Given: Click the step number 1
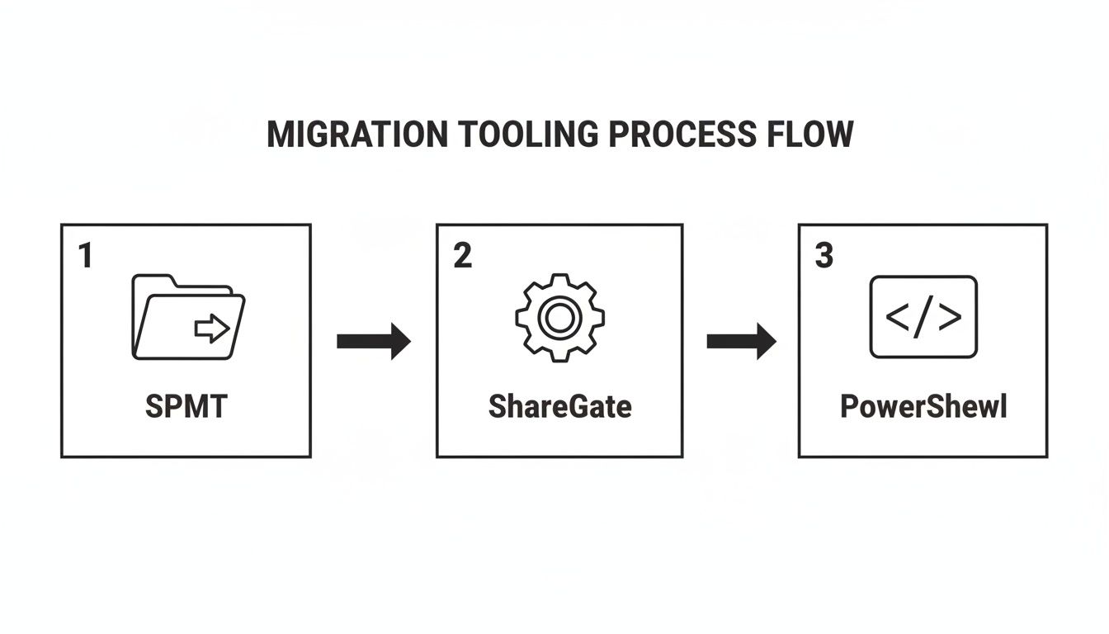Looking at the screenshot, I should click(84, 257).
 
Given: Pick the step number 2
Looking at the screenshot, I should click(463, 257).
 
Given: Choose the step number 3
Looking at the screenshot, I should click(823, 257).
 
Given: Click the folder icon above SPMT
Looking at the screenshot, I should click(188, 318).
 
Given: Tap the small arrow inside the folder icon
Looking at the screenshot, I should click(212, 329).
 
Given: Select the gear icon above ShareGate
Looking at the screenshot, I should click(559, 317).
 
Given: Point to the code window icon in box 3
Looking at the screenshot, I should click(923, 317).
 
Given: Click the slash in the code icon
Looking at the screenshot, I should click(923, 317).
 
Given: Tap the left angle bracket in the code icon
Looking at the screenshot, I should click(896, 317).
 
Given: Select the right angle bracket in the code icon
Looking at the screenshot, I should click(951, 317).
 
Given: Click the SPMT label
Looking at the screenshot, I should click(186, 406).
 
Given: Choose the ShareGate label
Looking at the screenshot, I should click(559, 406).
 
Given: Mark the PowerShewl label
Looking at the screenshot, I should click(923, 406).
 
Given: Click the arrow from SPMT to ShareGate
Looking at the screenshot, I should click(374, 340).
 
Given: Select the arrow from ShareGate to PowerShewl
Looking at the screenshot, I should click(741, 340).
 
